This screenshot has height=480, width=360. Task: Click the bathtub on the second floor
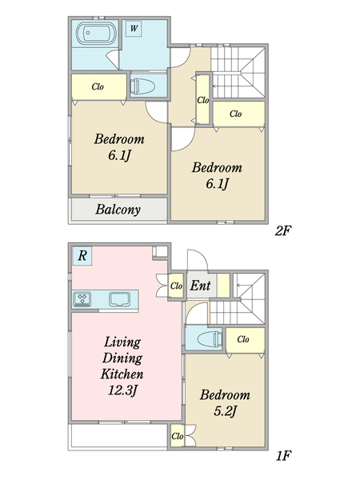point(95,33)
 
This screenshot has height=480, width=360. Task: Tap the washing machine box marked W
point(134,29)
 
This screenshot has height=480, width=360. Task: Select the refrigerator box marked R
point(82,256)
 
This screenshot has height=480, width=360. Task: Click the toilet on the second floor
point(142,86)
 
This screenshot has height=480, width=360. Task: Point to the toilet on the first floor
point(210,339)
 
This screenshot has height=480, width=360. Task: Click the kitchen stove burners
point(82,299)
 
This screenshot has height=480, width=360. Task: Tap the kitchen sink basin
point(120,299)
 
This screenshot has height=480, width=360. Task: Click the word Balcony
point(118,210)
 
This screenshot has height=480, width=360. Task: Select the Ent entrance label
point(200,286)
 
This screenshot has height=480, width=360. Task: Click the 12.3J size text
point(122,390)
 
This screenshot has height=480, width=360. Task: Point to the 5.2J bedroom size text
point(225,411)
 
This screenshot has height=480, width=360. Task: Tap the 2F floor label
point(282,231)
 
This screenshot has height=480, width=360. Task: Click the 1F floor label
point(283,456)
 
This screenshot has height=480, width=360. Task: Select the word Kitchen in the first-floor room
point(122,374)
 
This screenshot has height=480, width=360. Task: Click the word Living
point(122,342)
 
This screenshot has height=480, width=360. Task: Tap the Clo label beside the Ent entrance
point(176,286)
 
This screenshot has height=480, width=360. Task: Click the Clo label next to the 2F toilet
point(98,86)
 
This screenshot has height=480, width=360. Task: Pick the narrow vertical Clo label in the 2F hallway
point(202,100)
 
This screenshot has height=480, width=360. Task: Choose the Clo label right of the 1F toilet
point(243,339)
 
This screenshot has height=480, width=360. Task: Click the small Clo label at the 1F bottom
point(178,436)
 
